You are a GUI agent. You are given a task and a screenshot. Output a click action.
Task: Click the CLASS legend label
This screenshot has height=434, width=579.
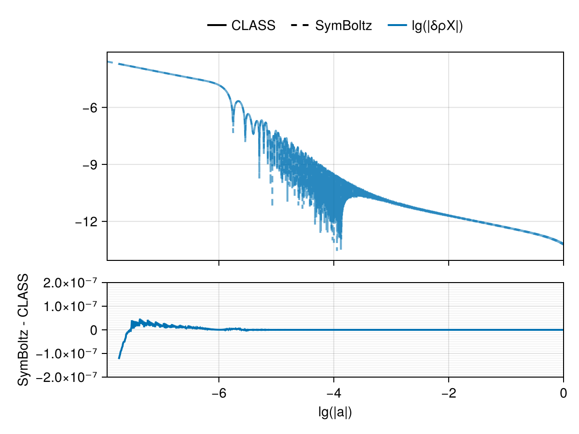[x=253, y=26]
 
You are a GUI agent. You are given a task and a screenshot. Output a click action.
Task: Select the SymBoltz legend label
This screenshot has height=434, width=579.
[x=344, y=26]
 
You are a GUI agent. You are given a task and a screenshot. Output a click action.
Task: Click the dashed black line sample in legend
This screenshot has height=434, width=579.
[x=301, y=26]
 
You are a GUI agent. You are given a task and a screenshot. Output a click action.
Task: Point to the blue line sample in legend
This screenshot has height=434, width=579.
[x=398, y=26]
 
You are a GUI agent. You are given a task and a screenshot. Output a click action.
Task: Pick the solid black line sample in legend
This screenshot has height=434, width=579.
[x=217, y=26]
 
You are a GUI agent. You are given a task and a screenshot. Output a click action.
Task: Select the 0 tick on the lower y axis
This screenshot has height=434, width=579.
[x=96, y=330]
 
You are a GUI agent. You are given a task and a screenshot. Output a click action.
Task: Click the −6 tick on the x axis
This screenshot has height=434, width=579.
[x=219, y=393]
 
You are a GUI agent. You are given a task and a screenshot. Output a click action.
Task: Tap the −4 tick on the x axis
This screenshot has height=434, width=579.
[x=333, y=393]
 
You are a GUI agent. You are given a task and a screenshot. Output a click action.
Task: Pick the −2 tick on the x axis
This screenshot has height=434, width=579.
[x=448, y=393]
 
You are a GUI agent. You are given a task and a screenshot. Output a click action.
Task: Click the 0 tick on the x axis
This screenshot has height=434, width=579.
[x=563, y=393]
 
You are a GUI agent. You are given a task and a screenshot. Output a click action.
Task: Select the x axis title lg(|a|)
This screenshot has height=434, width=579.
[x=335, y=412]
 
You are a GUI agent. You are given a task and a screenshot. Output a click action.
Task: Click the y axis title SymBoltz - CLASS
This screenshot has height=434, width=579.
[x=23, y=330]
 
